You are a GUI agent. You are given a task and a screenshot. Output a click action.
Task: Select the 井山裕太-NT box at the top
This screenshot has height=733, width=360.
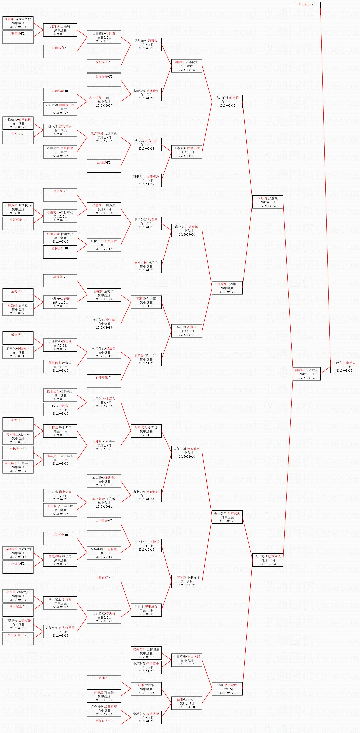coord(306,9)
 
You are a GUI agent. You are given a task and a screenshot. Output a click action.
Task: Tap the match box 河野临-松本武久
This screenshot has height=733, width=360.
coord(306,374)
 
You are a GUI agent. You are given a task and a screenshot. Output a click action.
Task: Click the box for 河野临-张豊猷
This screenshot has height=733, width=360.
coord(267,202)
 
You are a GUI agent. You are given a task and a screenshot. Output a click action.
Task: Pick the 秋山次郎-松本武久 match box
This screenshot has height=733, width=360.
coord(267,560)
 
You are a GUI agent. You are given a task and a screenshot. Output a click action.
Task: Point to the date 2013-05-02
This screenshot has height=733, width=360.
coord(227,106)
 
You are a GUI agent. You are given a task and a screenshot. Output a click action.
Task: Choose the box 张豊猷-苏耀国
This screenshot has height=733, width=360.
coord(227,288)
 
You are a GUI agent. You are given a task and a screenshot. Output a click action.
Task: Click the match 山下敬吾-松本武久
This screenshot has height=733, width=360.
coord(227,517)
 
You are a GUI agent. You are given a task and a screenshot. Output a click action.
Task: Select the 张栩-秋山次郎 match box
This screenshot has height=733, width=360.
coord(227,689)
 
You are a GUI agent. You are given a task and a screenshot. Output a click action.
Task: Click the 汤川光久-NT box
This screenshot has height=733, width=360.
coord(104,66)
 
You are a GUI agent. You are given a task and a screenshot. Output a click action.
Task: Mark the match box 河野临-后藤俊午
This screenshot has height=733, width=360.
coord(187,66)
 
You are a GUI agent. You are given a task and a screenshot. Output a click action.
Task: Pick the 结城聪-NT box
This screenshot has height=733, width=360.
coord(104,166)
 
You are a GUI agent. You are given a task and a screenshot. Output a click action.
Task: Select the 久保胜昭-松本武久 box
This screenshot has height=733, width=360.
coord(187,453)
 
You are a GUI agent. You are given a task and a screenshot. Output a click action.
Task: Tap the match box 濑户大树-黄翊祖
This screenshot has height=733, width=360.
coord(146,266)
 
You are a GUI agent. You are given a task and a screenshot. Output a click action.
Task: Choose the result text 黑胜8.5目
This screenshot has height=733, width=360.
coord(104,209)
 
